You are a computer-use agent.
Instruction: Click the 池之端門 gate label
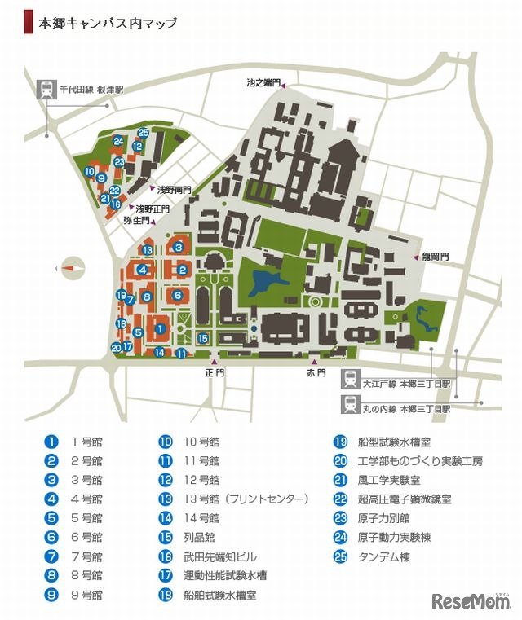point(263,82)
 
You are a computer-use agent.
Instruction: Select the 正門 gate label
point(215,372)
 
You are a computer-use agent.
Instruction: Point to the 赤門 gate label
point(316,372)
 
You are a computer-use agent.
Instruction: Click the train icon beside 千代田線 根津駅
point(46,90)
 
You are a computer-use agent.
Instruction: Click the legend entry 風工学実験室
point(388,479)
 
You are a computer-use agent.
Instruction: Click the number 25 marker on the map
point(144,133)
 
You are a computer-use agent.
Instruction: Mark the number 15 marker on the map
point(203,338)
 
